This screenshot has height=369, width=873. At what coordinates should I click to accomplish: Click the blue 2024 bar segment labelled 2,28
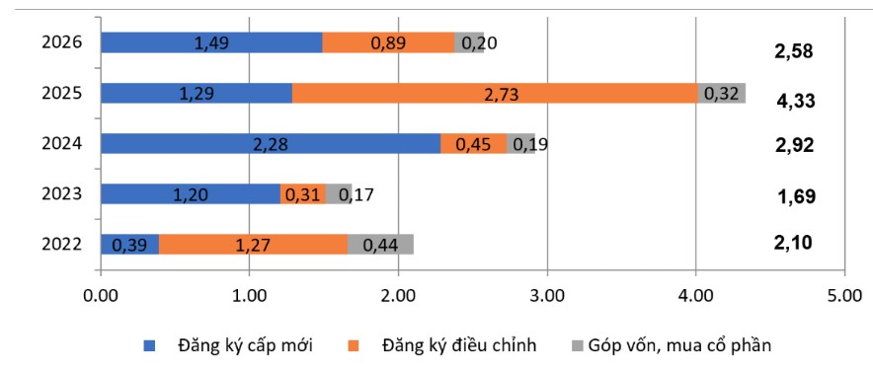click(x=271, y=144)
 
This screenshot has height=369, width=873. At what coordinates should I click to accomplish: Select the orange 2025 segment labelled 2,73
click(x=494, y=93)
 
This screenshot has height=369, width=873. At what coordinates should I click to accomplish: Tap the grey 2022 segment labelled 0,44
click(x=380, y=245)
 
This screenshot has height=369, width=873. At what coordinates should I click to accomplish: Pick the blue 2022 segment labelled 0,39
click(x=129, y=245)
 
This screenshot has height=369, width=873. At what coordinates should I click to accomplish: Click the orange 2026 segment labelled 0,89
click(x=388, y=42)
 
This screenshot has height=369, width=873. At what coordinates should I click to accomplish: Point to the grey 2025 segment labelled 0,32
click(x=722, y=93)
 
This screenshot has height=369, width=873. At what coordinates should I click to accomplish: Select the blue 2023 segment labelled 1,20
click(x=190, y=194)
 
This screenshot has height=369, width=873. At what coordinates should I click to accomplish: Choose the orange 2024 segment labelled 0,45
click(x=473, y=144)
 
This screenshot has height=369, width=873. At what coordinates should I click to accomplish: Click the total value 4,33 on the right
click(x=793, y=101)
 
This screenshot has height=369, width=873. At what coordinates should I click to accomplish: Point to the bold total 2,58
click(x=793, y=50)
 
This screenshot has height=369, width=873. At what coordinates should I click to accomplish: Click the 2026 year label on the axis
click(x=61, y=42)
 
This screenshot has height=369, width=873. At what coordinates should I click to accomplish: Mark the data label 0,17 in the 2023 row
click(x=358, y=194)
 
